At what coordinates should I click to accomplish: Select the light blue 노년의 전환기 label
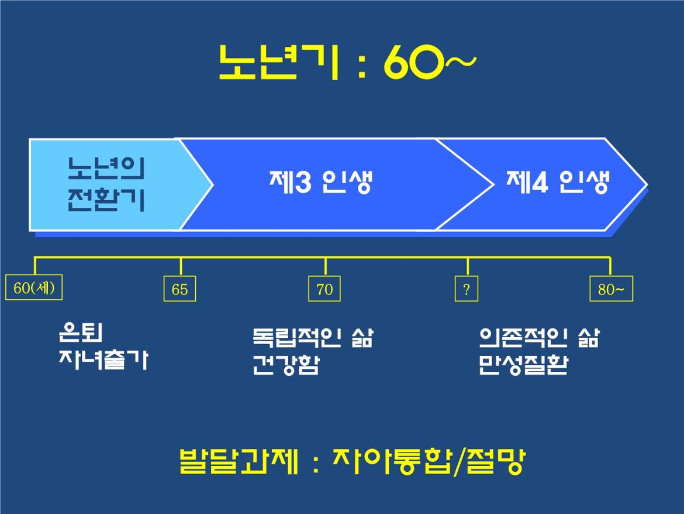point(106,184)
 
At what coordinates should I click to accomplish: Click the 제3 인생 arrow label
point(321,181)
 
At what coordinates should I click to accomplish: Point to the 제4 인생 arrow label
point(558,181)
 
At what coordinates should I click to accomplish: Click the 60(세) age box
point(34,287)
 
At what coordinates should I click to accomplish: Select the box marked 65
point(179,289)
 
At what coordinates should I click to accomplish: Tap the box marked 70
point(324,289)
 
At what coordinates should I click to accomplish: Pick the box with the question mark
point(467,289)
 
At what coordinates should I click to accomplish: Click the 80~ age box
point(611,289)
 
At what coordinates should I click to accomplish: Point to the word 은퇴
point(81,333)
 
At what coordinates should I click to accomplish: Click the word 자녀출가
point(104,360)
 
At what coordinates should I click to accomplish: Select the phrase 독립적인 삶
point(313,337)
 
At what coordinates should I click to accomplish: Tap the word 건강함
point(286,365)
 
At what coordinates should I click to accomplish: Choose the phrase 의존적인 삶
point(539,337)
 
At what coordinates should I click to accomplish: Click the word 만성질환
point(523,365)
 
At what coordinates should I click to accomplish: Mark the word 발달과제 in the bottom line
point(239,461)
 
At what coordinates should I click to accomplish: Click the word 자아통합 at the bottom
point(391,461)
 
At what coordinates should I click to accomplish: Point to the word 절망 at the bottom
point(496,461)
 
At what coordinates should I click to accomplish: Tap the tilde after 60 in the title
point(460,61)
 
